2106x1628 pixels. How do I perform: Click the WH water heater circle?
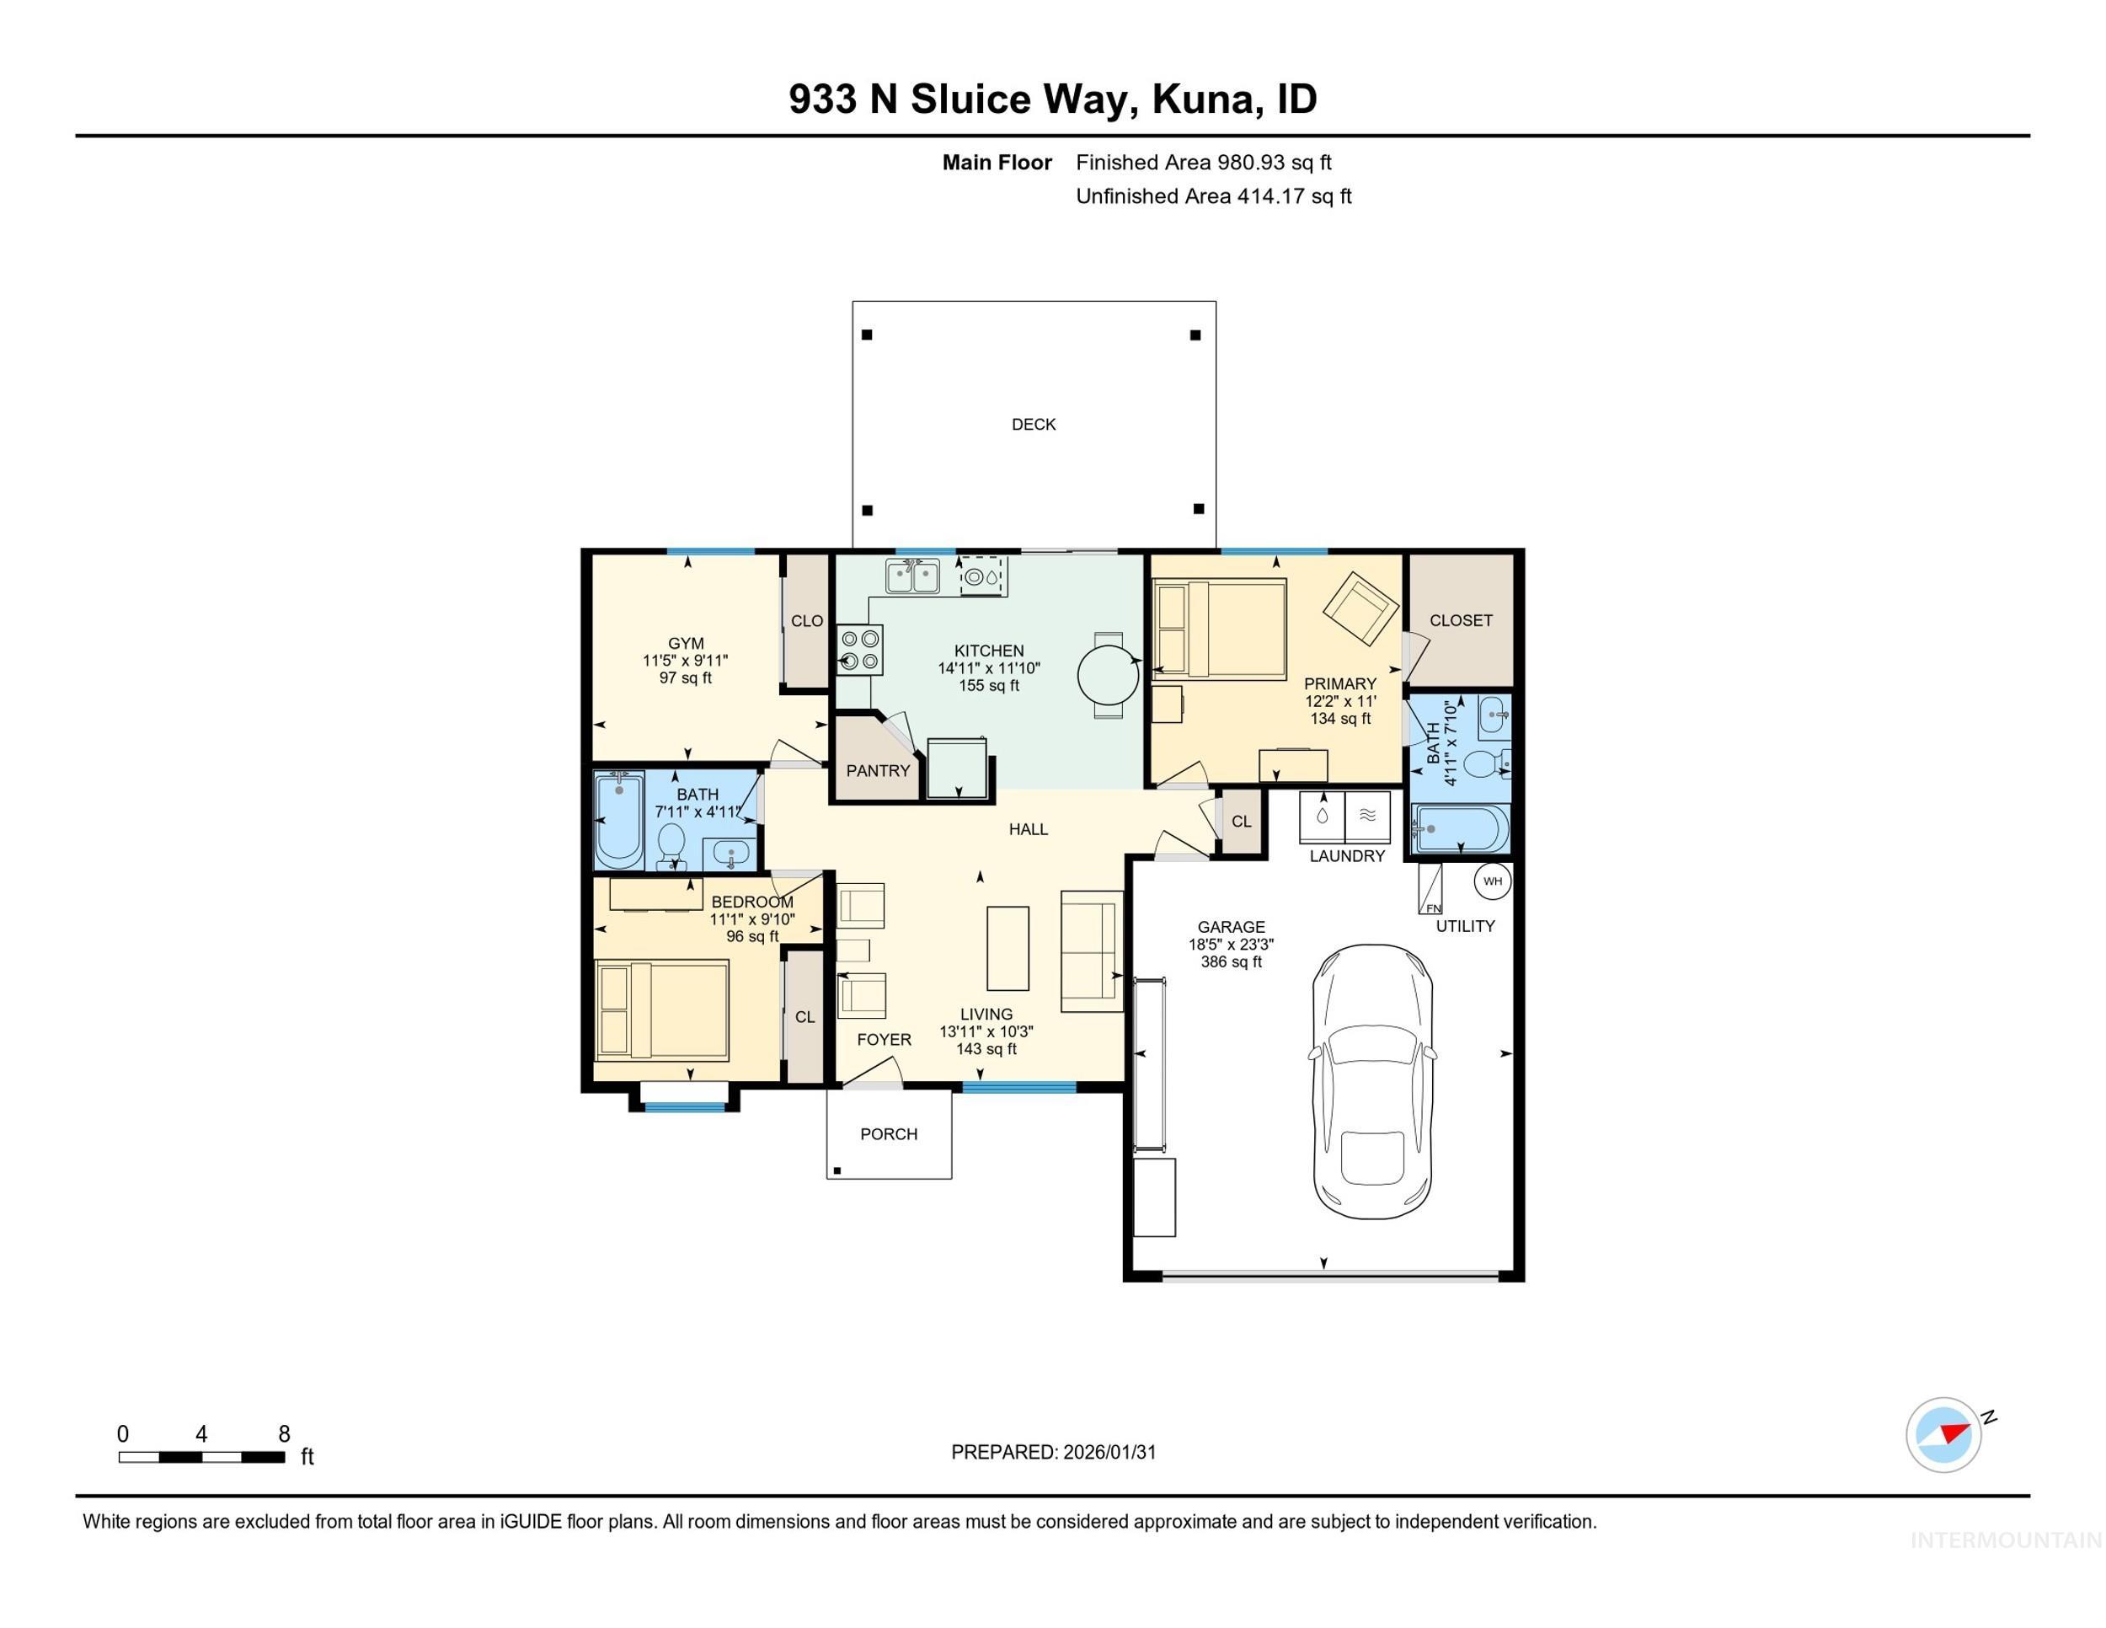pyautogui.click(x=1492, y=881)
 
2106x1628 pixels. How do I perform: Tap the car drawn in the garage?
pyautogui.click(x=1371, y=1082)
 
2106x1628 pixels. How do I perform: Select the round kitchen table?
pyautogui.click(x=1108, y=675)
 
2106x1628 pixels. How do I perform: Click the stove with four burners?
pyautogui.click(x=860, y=649)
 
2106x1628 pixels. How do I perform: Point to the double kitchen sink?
pyautogui.click(x=912, y=576)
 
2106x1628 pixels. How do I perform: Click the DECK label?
pyautogui.click(x=1033, y=425)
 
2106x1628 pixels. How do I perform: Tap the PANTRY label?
pyautogui.click(x=878, y=770)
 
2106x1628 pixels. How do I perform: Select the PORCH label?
pyautogui.click(x=888, y=1134)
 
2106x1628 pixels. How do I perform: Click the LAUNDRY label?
pyautogui.click(x=1346, y=855)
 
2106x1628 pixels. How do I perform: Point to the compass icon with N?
pyautogui.click(x=1943, y=1434)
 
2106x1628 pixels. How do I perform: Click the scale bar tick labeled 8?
pyautogui.click(x=284, y=1434)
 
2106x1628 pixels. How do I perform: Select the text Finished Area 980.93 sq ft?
pyautogui.click(x=1204, y=163)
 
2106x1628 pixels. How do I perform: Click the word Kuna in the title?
pyautogui.click(x=1204, y=99)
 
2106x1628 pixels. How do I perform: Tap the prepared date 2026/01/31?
pyautogui.click(x=1109, y=1453)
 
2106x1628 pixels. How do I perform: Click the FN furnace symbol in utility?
pyautogui.click(x=1430, y=889)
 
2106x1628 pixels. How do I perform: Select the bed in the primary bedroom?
pyautogui.click(x=1219, y=629)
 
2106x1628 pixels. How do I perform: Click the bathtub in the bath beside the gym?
pyautogui.click(x=617, y=821)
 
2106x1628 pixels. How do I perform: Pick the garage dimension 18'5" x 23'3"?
pyautogui.click(x=1231, y=945)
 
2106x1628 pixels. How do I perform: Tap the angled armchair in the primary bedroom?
pyautogui.click(x=1360, y=608)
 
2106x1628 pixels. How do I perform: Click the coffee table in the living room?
pyautogui.click(x=1008, y=948)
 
